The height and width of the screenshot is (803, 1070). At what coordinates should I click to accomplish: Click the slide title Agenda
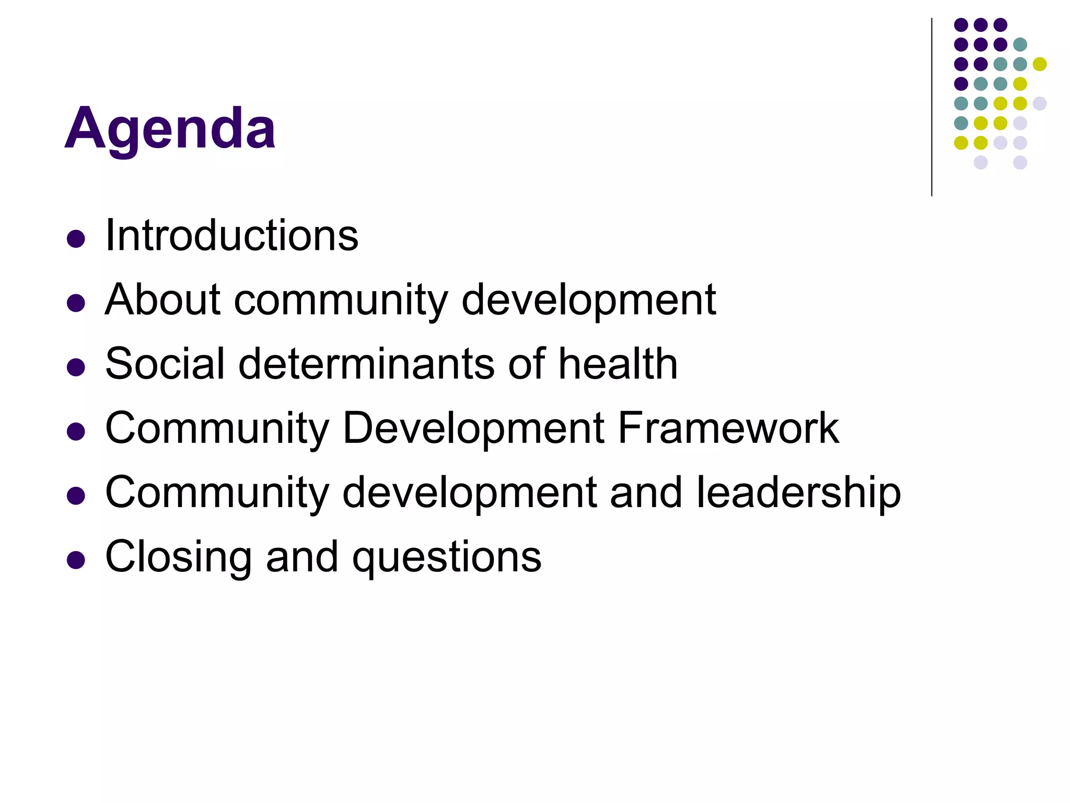(x=170, y=129)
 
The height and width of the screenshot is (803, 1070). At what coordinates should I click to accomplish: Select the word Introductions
(x=231, y=236)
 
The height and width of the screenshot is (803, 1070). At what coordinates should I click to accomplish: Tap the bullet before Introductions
(x=76, y=239)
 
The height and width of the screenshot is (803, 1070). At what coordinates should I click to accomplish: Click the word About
(x=162, y=300)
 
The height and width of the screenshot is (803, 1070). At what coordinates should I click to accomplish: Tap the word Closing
(x=179, y=557)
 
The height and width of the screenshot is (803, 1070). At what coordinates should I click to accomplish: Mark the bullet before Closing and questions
(x=76, y=560)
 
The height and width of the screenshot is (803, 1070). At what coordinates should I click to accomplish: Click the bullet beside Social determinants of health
(x=76, y=367)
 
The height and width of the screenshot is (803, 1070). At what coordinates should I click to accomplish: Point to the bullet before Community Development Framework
(x=76, y=431)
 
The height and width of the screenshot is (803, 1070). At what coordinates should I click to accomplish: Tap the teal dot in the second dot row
(x=1020, y=44)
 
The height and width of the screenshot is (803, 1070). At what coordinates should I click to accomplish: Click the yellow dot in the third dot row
(x=1040, y=64)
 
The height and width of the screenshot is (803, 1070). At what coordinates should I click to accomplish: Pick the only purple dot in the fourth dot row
(x=961, y=84)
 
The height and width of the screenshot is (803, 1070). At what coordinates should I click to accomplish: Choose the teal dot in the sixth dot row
(x=961, y=123)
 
